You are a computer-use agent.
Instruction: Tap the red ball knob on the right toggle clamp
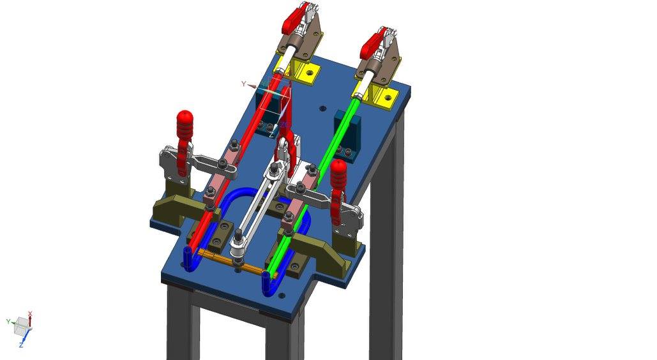338,167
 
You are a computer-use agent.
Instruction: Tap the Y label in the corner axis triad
8,321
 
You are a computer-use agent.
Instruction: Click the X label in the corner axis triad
30,314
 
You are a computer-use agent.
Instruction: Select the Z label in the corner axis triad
21,345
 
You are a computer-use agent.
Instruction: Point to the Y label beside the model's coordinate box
243,84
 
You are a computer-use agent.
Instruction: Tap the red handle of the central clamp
284,151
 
